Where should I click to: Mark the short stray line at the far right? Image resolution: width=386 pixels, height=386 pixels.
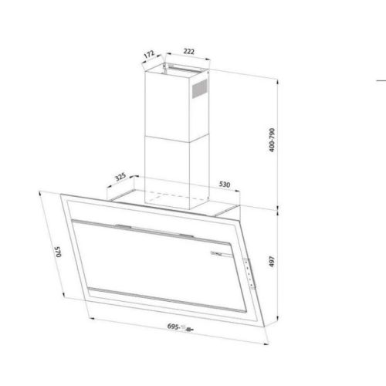tap(381, 80)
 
